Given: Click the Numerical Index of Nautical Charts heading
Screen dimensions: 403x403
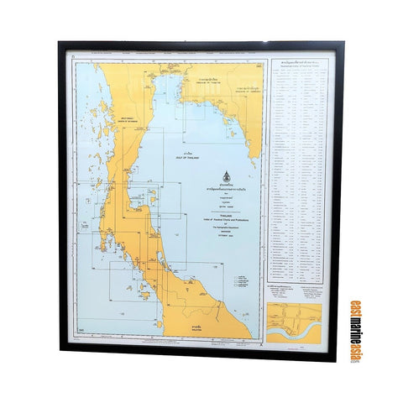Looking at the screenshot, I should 301,65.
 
